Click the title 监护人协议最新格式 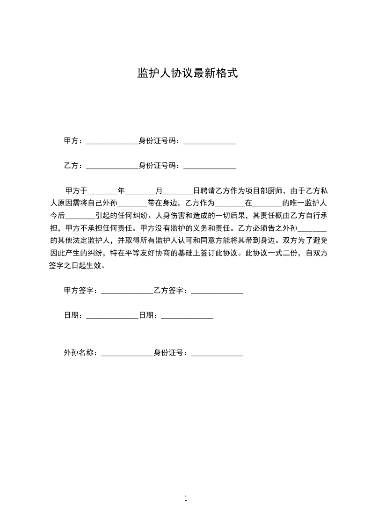(x=187, y=73)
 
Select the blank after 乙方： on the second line (x=112, y=166)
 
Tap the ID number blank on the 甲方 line (x=209, y=141)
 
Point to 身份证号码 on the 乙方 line (x=159, y=166)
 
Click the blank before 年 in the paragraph (x=102, y=191)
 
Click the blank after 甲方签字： (x=127, y=292)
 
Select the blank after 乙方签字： (x=217, y=292)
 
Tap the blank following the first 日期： (x=112, y=316)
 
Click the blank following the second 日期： (x=187, y=316)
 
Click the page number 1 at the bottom (x=186, y=498)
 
